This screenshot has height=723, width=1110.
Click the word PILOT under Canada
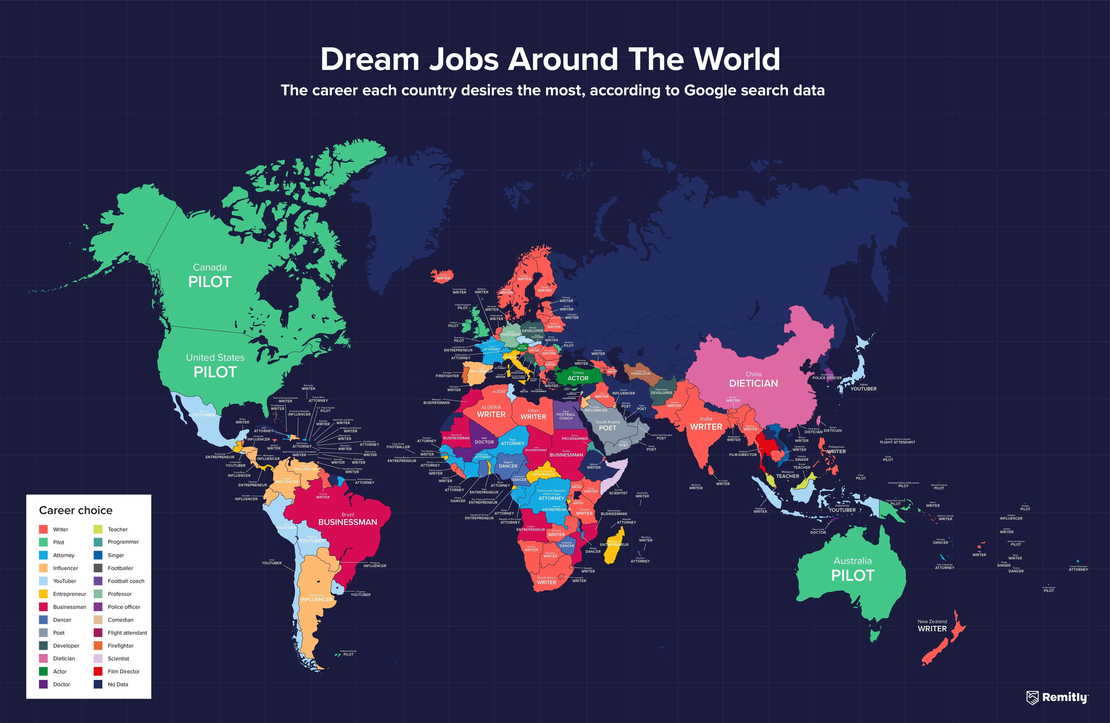(x=210, y=282)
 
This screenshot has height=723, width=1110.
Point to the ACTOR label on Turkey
(x=578, y=378)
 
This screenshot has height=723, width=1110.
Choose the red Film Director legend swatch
(x=98, y=671)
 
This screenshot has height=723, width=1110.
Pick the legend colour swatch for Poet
(x=43, y=632)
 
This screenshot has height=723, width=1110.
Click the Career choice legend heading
(x=75, y=510)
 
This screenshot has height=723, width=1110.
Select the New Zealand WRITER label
(x=932, y=629)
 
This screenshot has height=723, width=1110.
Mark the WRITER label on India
(x=706, y=427)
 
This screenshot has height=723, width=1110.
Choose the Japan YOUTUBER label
(x=863, y=389)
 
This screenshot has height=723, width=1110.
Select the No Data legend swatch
(x=98, y=684)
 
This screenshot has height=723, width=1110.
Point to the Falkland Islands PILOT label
(x=348, y=654)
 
